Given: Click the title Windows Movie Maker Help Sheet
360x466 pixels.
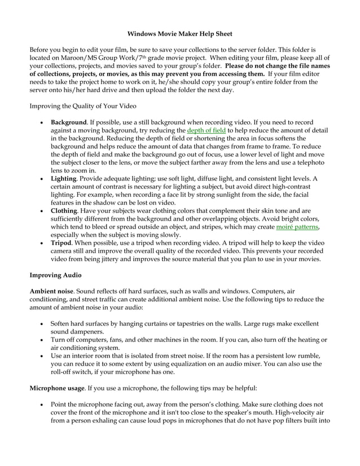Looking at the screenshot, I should coord(179,34).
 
